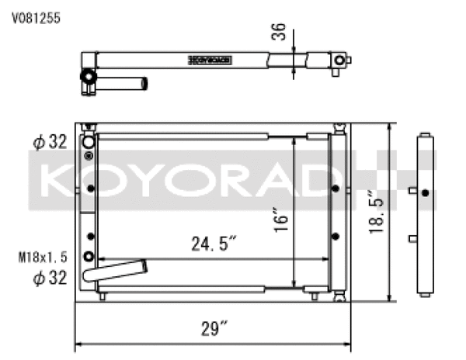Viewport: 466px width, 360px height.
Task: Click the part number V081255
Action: pos(36,15)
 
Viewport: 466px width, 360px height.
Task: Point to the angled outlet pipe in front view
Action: pos(116,271)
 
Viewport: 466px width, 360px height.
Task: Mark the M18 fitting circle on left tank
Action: pos(91,257)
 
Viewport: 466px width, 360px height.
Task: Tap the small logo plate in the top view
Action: pos(210,59)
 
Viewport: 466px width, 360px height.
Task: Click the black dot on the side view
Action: pos(423,193)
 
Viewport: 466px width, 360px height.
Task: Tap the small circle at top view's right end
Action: pos(339,60)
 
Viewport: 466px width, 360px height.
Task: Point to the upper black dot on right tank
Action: pos(335,189)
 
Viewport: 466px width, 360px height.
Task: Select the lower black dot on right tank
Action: pos(335,235)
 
